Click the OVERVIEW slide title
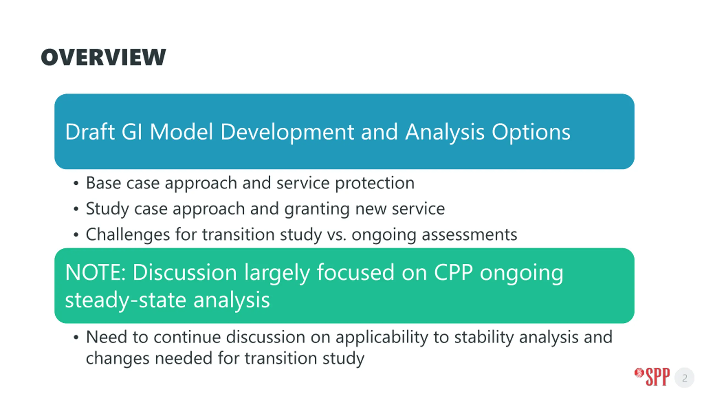[x=103, y=57]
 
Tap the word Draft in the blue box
[x=90, y=132]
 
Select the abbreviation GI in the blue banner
[x=132, y=132]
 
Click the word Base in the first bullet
[x=103, y=183]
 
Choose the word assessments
[x=469, y=235]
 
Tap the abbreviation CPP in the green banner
[x=453, y=272]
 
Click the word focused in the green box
[x=356, y=272]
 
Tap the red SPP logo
[x=652, y=377]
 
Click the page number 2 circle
[x=684, y=378]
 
